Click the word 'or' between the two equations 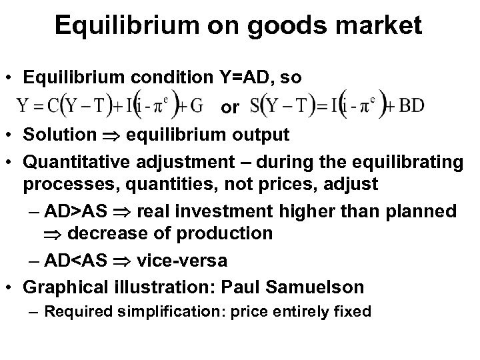(x=230, y=107)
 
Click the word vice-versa (x=182, y=259)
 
